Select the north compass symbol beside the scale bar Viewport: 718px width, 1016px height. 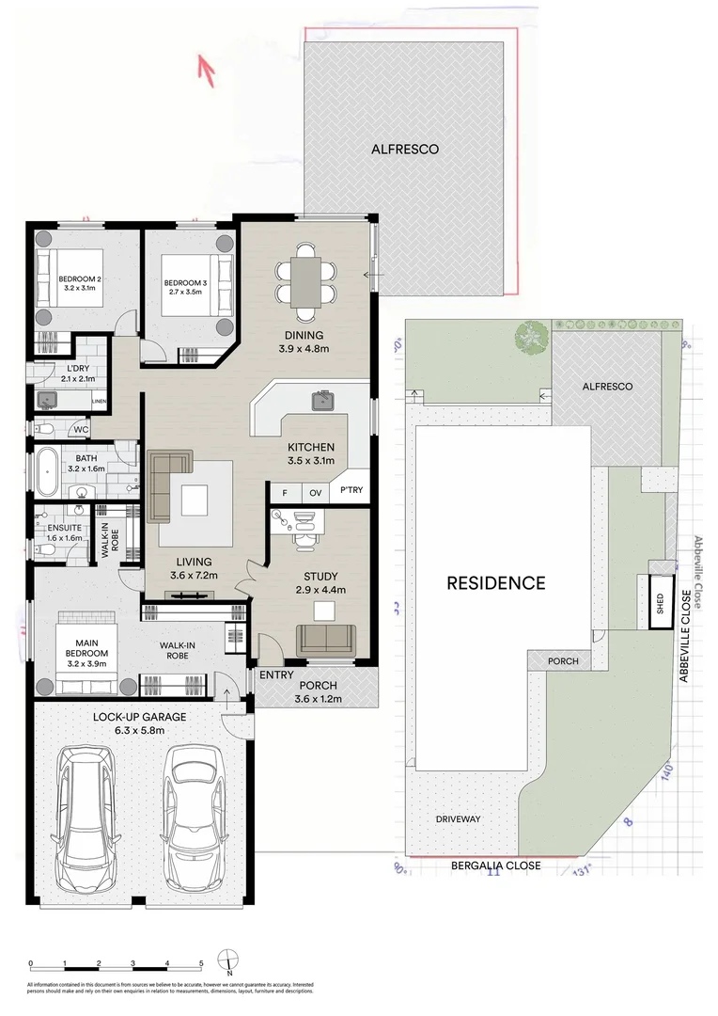(229, 961)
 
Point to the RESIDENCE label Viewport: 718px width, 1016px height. (495, 582)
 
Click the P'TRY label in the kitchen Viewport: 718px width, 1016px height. (351, 491)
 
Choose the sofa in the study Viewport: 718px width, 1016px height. (325, 640)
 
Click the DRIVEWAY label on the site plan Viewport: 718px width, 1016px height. (458, 819)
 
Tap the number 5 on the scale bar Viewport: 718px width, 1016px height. (201, 964)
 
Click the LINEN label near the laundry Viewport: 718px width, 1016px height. (99, 402)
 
